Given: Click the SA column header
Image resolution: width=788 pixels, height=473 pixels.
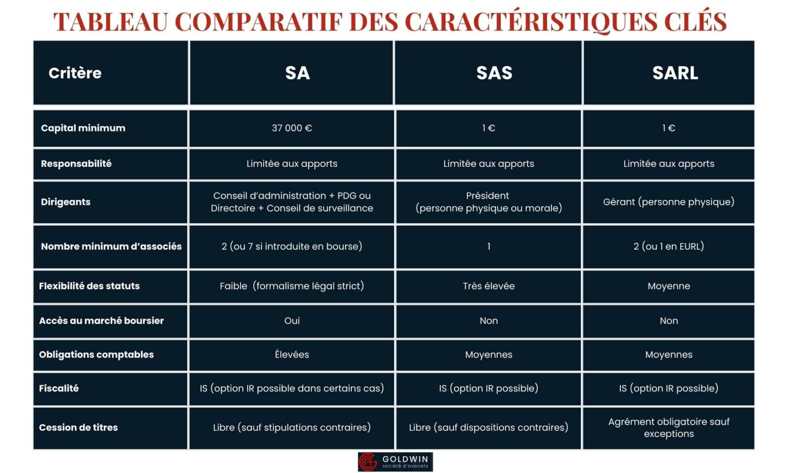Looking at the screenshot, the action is click(x=298, y=73).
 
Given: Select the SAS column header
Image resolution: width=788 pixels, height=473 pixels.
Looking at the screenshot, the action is click(x=494, y=73).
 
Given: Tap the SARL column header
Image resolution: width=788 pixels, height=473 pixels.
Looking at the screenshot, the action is click(x=675, y=73).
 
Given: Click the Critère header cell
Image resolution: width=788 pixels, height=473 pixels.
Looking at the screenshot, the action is click(x=75, y=73).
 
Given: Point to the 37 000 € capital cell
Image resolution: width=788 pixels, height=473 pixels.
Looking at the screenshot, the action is click(x=291, y=128).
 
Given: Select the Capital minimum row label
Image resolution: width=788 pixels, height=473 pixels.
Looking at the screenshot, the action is click(x=83, y=128).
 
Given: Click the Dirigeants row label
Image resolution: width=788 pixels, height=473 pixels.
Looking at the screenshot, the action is click(x=66, y=202).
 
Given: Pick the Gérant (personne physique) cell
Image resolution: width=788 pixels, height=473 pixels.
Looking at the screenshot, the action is click(x=668, y=202).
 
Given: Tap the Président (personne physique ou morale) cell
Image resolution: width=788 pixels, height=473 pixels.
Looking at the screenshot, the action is click(x=488, y=202).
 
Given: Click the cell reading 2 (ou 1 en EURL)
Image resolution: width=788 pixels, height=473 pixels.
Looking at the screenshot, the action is click(x=668, y=247).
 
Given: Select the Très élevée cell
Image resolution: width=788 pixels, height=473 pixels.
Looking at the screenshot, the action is click(x=488, y=286).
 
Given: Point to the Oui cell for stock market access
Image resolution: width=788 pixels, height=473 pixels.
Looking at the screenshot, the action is click(x=291, y=320).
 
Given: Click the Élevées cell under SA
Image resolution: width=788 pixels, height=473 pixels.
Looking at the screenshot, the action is click(x=291, y=354).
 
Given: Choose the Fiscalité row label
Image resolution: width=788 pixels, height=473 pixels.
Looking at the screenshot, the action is click(x=59, y=388).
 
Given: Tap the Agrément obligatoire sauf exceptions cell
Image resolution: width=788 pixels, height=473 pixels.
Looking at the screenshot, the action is click(x=668, y=428).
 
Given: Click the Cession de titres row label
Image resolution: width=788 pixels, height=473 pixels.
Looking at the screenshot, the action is click(x=78, y=427).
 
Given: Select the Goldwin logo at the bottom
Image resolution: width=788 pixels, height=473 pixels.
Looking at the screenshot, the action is click(x=395, y=462).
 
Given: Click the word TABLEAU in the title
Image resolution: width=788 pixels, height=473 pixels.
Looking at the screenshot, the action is click(x=110, y=22).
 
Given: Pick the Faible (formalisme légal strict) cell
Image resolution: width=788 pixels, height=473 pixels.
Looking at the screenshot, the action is click(x=291, y=286).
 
